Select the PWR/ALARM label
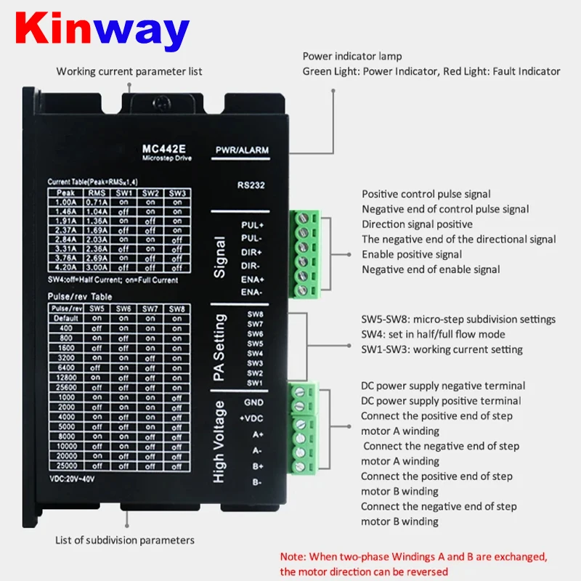(x=242, y=150)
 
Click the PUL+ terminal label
(x=252, y=224)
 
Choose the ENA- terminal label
(x=252, y=292)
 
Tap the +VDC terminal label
(x=251, y=418)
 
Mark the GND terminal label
(x=253, y=402)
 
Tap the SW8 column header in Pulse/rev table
(x=177, y=309)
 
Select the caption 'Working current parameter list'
(x=129, y=71)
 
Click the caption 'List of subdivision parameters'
(x=125, y=540)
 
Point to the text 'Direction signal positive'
(x=417, y=224)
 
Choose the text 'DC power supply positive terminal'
(x=441, y=401)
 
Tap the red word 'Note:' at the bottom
(x=293, y=557)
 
